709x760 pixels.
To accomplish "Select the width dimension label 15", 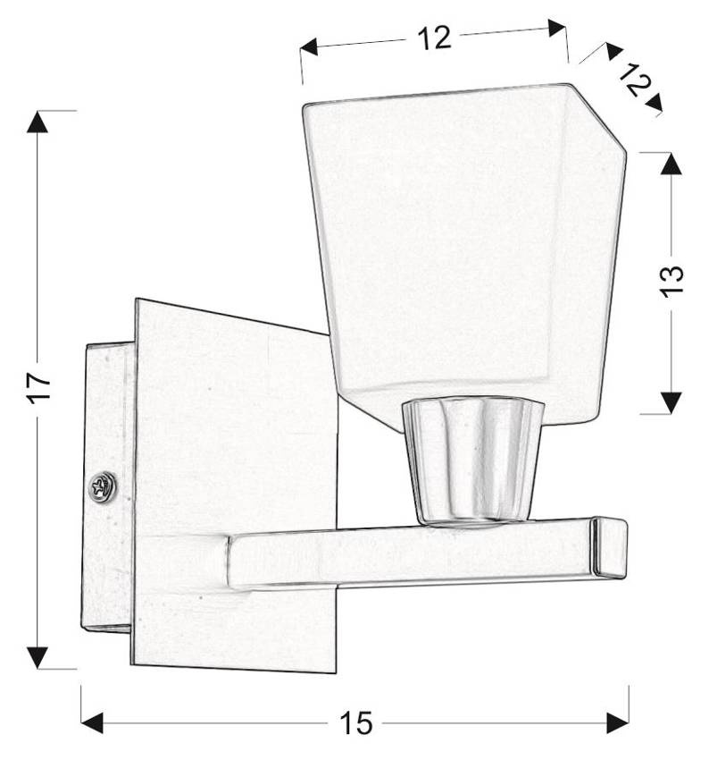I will click(x=355, y=722).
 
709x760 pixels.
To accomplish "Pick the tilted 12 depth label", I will click(x=632, y=81).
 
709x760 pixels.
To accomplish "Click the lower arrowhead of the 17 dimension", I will click(x=37, y=656).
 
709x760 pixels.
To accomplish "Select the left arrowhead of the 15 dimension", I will click(x=93, y=722).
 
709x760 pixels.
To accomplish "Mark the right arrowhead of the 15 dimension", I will click(x=617, y=722).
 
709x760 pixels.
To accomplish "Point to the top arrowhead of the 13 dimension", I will click(x=671, y=164).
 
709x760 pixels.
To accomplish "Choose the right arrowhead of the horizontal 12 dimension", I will click(x=556, y=28).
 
